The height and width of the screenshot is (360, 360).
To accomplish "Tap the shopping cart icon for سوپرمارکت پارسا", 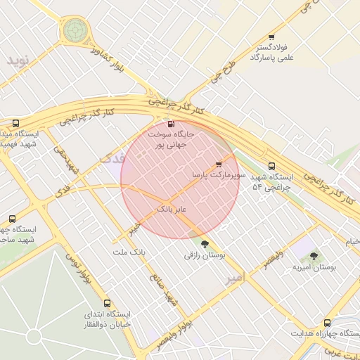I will pyautogui.click(x=219, y=164).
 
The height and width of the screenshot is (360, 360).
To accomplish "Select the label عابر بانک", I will pyautogui.click(x=171, y=210).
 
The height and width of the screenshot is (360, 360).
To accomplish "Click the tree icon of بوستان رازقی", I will pyautogui.click(x=205, y=245).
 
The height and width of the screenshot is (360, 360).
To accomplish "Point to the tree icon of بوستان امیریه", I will pyautogui.click(x=314, y=256).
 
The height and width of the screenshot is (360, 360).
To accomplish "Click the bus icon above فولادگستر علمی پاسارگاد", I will pyautogui.click(x=271, y=38).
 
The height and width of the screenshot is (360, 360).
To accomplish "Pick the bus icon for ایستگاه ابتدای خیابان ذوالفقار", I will pyautogui.click(x=108, y=303).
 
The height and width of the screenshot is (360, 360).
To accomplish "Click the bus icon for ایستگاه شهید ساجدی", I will pyautogui.click(x=12, y=219).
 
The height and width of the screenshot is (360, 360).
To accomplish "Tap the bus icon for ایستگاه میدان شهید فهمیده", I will pyautogui.click(x=15, y=124).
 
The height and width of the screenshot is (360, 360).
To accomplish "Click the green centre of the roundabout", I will pyautogui.click(x=75, y=30).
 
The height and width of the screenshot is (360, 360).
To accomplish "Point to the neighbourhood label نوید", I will pyautogui.click(x=20, y=60).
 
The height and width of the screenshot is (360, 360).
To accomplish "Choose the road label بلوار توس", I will pyautogui.click(x=77, y=271).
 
